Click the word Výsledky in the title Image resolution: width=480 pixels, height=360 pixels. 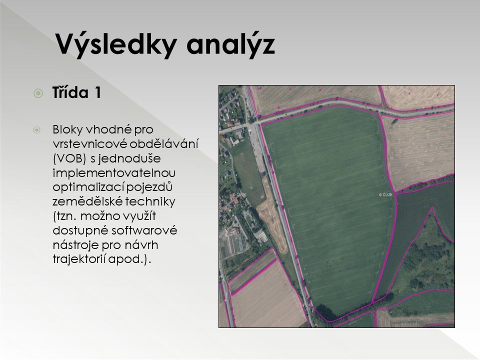point(116,44)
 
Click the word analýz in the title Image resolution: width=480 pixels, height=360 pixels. point(230,44)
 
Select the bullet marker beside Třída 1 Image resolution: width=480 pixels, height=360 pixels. point(38,93)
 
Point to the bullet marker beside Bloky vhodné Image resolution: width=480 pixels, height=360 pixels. point(36,130)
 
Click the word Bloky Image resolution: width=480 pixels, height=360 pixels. point(67,129)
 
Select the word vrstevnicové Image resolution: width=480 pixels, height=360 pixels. point(89,144)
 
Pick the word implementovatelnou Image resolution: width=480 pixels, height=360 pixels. point(114,173)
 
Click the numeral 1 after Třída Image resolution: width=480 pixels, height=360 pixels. point(97,93)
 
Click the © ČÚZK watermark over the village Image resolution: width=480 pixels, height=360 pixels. point(239,194)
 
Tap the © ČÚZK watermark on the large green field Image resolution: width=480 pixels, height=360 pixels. point(385,194)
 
